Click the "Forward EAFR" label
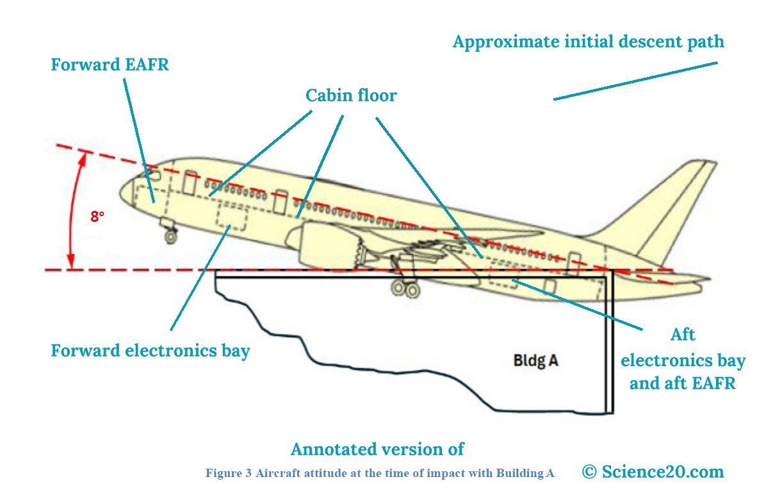(x=110, y=65)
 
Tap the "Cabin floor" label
(x=351, y=96)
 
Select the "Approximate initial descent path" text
(x=588, y=42)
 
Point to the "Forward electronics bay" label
(x=150, y=351)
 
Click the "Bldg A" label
(x=535, y=360)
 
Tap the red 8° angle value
(x=97, y=217)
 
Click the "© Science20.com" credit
(x=653, y=471)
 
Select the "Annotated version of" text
(x=377, y=449)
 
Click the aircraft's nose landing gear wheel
(x=170, y=236)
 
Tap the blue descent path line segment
(x=635, y=81)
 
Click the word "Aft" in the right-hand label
(x=683, y=335)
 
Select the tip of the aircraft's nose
(x=120, y=191)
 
